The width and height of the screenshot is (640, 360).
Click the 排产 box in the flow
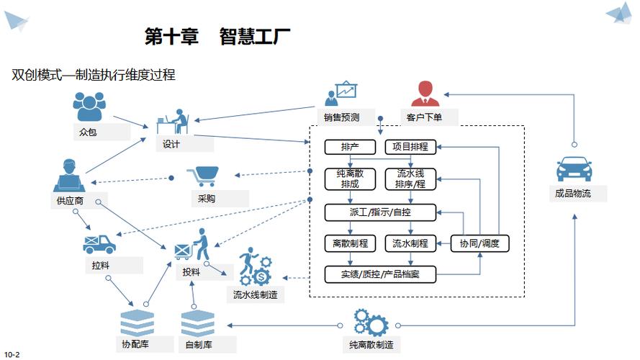350,147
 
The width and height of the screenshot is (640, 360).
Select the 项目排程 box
410,147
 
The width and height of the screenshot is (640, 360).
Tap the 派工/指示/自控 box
380,212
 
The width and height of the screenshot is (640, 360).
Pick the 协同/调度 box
480,243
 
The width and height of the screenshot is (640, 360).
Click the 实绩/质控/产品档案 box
380,274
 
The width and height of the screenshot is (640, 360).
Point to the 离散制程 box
350,243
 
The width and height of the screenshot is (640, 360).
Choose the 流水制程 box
410,243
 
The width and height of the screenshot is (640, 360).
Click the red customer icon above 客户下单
425,94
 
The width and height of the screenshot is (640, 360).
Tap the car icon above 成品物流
574,169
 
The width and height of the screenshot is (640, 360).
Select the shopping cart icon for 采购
204,176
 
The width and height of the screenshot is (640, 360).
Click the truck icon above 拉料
99,243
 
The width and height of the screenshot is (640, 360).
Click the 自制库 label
198,345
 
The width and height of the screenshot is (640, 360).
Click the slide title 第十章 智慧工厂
217,37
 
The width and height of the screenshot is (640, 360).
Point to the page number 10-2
12,354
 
